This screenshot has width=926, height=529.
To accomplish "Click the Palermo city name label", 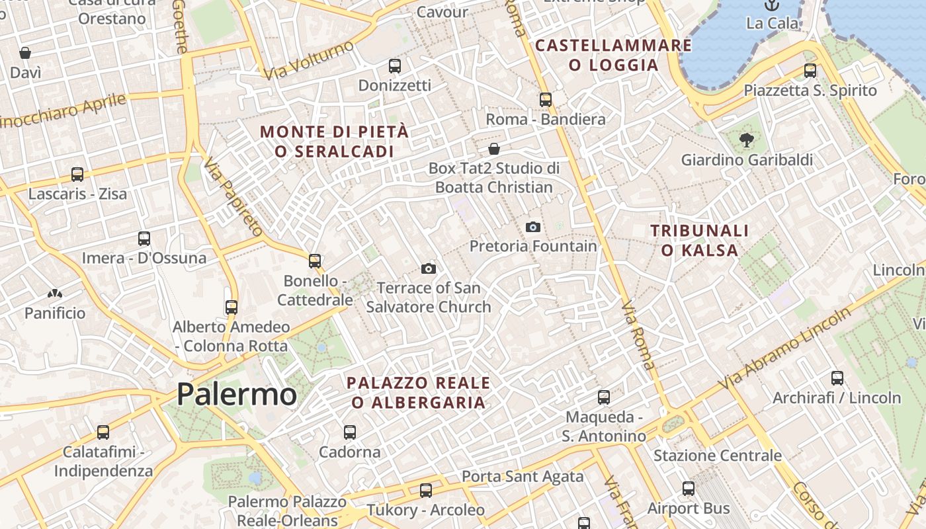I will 237,395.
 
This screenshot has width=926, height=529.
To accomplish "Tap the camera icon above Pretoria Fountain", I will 532,227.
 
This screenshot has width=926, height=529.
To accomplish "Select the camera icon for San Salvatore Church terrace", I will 429,268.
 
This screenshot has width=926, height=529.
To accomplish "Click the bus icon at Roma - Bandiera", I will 546,100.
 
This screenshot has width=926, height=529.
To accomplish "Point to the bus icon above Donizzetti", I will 395,66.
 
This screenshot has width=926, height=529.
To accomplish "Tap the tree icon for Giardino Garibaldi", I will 747,140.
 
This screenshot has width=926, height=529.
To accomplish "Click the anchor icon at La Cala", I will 771,5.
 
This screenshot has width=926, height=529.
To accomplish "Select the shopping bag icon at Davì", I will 25,53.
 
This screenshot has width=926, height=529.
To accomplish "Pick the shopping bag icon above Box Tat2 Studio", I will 493,149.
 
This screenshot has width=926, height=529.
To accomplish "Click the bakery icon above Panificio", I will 55,293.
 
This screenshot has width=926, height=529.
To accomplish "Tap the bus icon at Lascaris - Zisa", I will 77,175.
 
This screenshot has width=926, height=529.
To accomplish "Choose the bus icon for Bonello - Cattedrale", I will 315,261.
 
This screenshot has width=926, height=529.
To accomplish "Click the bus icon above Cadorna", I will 350,432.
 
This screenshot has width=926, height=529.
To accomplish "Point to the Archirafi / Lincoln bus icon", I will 837,378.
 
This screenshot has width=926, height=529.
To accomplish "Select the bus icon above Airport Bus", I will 689,489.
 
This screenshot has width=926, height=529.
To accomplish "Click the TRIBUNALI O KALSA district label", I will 700,240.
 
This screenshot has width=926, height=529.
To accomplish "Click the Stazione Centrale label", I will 718,456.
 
